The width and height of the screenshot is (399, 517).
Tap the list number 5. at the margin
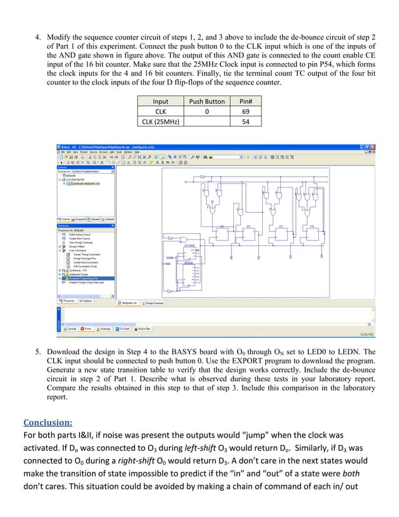point(37,352)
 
